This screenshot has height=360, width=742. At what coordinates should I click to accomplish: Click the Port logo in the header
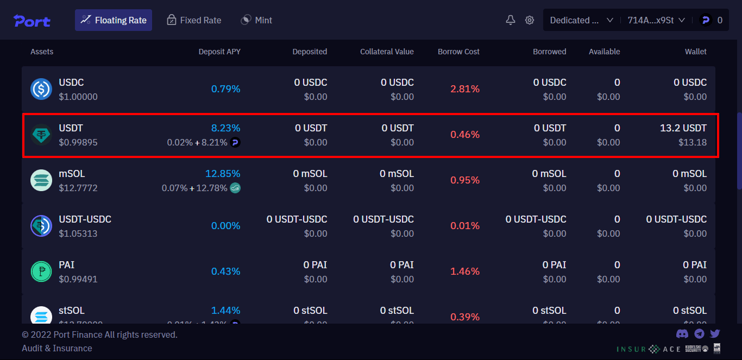32,21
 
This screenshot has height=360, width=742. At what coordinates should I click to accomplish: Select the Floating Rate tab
114,20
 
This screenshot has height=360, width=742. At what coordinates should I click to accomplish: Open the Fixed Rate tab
194,20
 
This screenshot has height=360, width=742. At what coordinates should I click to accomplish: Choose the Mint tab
256,20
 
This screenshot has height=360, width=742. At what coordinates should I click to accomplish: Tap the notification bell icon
511,20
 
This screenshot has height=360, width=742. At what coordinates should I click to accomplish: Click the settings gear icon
530,20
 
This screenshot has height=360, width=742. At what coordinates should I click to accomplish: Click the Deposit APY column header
219,52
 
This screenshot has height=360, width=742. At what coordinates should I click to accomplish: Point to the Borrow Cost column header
458,52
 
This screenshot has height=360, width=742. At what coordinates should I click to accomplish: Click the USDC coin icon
41,89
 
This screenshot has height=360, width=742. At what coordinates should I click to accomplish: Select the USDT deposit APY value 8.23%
225,128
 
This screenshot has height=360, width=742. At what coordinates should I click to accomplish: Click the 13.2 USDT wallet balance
683,128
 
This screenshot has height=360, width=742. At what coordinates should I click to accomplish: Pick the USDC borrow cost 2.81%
464,89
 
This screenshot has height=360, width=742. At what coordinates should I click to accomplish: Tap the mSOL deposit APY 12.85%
223,174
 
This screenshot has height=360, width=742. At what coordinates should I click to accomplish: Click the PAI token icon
41,271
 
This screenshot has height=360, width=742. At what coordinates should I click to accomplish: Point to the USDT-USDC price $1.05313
78,233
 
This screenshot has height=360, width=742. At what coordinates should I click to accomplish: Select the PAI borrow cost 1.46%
464,271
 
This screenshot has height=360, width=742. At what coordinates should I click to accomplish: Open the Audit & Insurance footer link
57,348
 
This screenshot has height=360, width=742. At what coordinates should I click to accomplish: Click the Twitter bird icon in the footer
715,334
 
